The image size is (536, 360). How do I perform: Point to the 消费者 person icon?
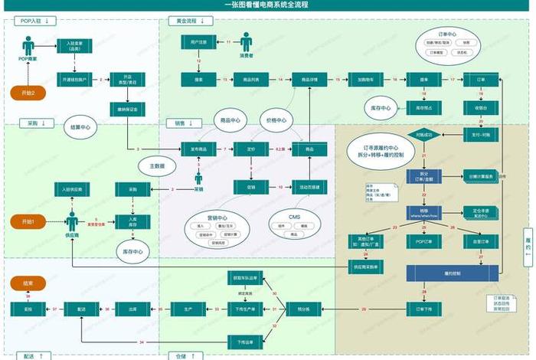[247, 41]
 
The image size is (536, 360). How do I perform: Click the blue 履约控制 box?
[452, 273]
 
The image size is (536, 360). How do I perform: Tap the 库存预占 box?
[424, 108]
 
